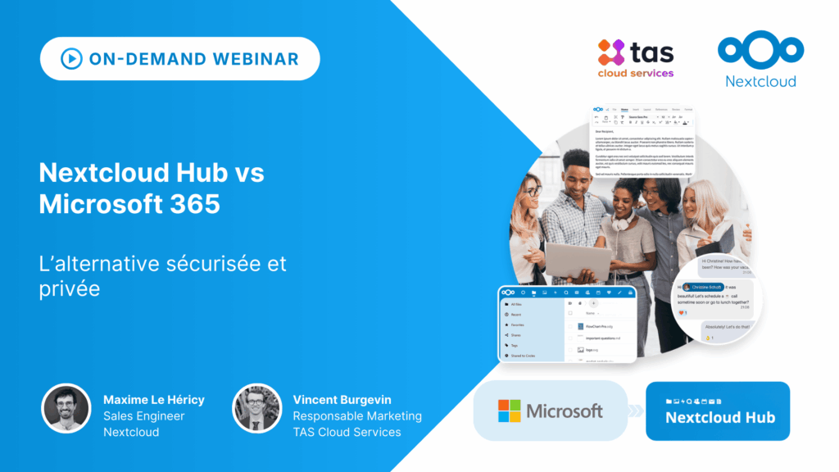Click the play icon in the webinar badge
(71, 59)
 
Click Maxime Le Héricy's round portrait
(66, 408)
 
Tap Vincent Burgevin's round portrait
(256, 408)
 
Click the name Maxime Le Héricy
(154, 400)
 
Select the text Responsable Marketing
(357, 416)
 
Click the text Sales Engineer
(144, 416)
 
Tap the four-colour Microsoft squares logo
(509, 411)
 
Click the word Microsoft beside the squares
(565, 411)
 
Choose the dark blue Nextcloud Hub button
(718, 411)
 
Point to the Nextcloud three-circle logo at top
(760, 48)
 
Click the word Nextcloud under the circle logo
(760, 81)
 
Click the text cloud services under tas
(636, 73)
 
